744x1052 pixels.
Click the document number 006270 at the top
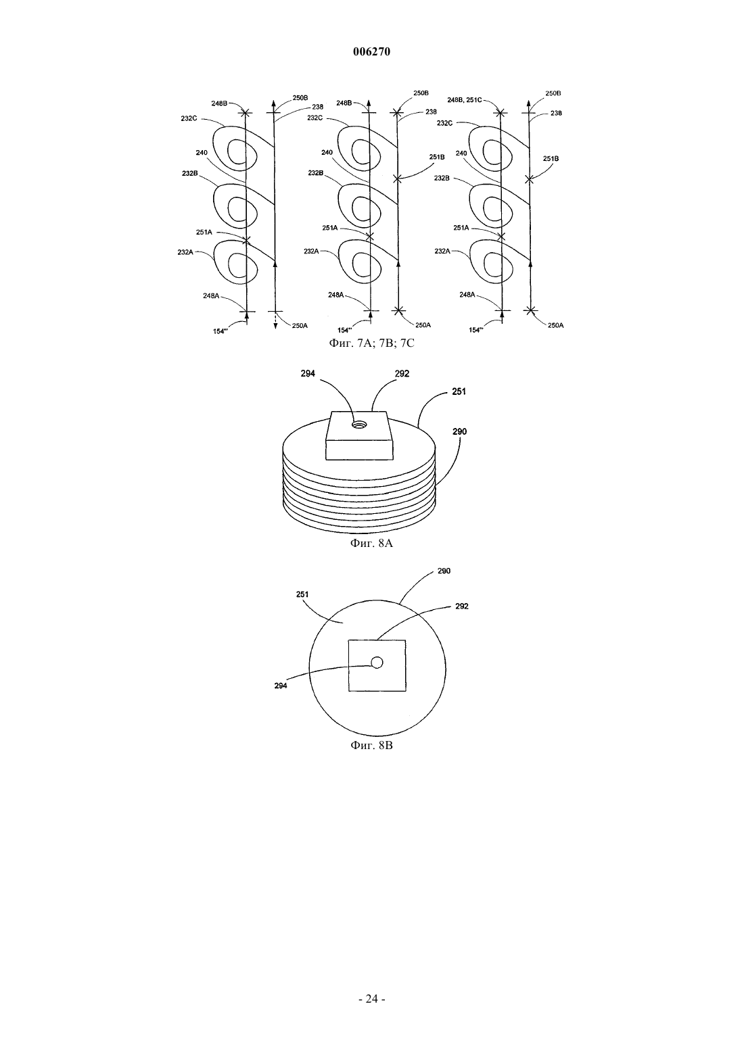[371, 51]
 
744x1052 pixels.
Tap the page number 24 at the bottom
[371, 999]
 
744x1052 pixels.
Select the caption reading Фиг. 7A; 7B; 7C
[371, 343]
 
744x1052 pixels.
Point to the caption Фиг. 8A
[371, 544]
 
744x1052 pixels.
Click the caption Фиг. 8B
[371, 745]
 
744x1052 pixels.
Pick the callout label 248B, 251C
[465, 99]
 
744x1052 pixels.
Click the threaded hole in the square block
[360, 425]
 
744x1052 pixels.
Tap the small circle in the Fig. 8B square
[377, 663]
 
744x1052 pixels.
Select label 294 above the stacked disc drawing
[308, 374]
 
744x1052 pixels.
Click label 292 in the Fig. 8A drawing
[402, 374]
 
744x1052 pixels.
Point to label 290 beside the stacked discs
[459, 431]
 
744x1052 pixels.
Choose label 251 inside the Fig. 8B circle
[302, 594]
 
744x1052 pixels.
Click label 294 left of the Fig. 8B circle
[281, 686]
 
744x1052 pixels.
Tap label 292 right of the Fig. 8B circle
[462, 606]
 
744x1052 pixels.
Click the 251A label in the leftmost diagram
[204, 232]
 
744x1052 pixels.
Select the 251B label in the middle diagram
[436, 157]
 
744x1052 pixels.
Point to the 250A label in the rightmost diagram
[556, 325]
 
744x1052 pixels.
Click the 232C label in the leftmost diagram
[189, 118]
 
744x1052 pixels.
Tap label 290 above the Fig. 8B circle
[444, 571]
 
